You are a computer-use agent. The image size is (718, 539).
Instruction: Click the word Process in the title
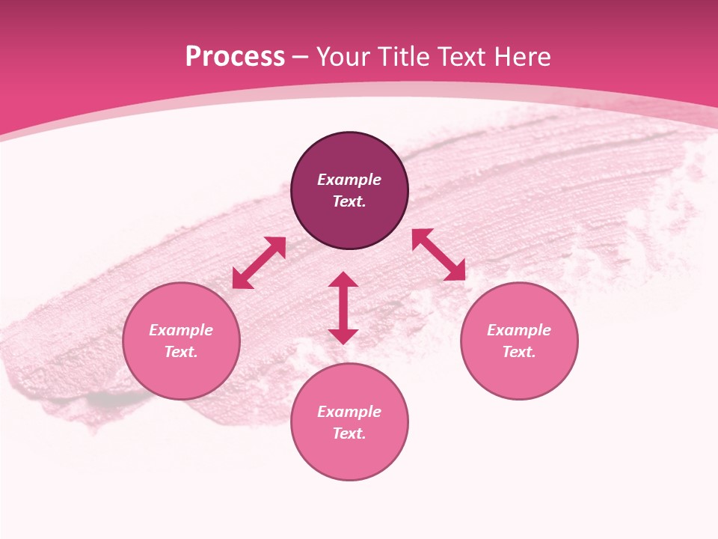[x=235, y=57]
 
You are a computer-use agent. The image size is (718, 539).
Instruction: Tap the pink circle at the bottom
[x=349, y=457]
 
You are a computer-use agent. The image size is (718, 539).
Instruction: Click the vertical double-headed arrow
[x=343, y=308]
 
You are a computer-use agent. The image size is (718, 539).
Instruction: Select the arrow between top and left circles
[x=259, y=263]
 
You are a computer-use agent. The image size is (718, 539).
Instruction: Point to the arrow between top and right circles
[x=438, y=255]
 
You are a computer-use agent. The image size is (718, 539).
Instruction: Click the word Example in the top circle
[x=349, y=180]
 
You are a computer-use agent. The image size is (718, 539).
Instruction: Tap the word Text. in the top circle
[x=349, y=201]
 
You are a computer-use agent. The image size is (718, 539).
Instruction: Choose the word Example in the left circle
[x=181, y=330]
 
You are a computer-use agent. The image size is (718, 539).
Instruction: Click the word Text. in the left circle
[x=181, y=352]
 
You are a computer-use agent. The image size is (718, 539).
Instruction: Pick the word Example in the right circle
[x=519, y=330]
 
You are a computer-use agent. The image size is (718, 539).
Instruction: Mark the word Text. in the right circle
[x=519, y=352]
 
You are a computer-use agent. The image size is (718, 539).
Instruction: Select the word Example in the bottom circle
[x=349, y=412]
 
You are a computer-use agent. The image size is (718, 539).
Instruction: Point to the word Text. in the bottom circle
[x=349, y=433]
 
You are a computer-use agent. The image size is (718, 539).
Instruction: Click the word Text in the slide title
[x=460, y=57]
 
